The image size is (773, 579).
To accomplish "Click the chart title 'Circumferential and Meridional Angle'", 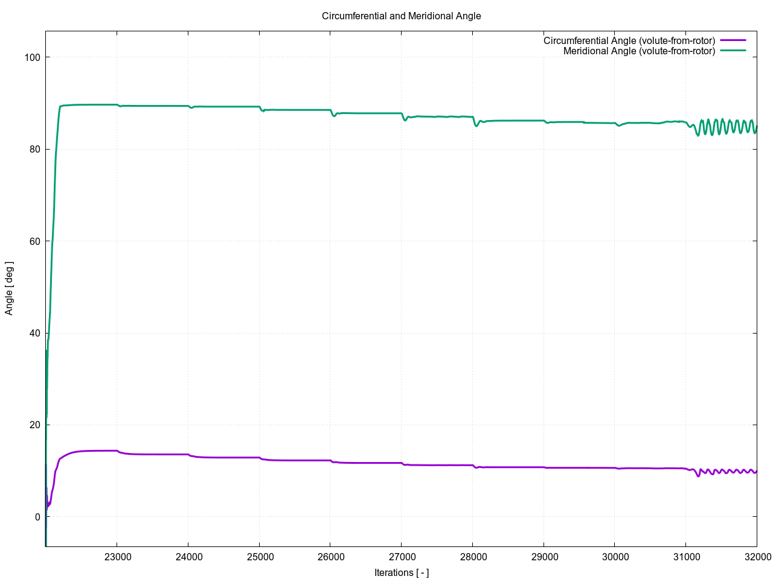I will click(x=401, y=16).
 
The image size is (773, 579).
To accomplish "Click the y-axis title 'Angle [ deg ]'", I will click(x=9, y=288).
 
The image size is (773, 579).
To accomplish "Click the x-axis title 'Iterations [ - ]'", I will click(x=401, y=572).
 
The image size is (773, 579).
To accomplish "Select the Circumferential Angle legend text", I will click(x=629, y=41).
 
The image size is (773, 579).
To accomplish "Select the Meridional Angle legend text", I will click(x=639, y=51).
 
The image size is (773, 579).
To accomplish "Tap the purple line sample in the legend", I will click(x=733, y=41).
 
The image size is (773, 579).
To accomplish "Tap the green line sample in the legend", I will click(x=733, y=51).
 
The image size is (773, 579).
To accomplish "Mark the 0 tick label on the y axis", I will click(x=37, y=517).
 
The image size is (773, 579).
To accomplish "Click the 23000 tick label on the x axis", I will click(x=117, y=557).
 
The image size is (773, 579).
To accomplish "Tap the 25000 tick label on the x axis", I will click(x=259, y=557).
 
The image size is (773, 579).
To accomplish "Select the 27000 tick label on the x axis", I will click(x=402, y=557).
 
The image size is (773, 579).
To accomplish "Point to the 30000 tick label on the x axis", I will click(x=615, y=557).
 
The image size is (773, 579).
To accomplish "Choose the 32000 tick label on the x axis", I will click(x=756, y=557).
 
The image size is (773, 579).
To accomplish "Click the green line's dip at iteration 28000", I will click(x=476, y=125).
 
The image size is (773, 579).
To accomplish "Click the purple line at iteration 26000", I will click(x=330, y=461).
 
